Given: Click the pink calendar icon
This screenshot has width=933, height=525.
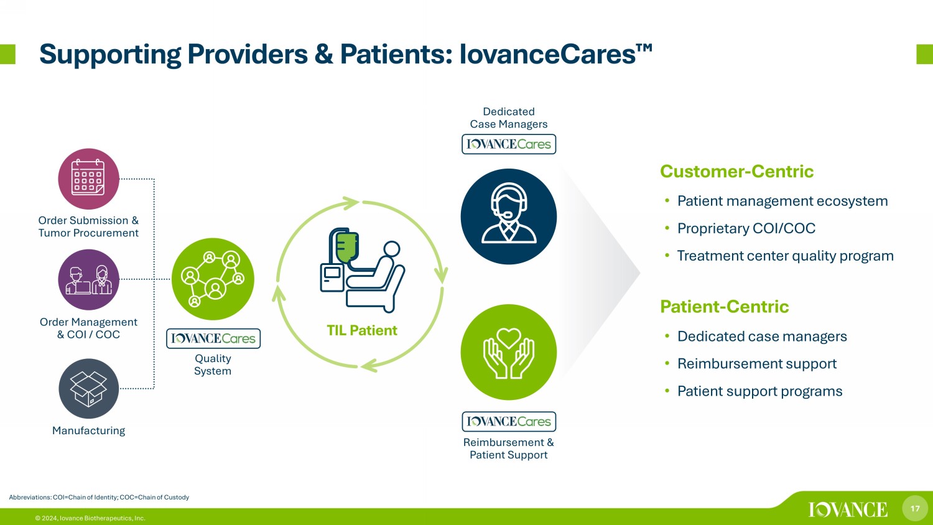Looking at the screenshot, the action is [88, 179].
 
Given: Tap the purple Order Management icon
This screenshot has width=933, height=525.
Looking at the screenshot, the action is [88, 279].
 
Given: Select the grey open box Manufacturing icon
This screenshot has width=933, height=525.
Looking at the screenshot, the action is [88, 389].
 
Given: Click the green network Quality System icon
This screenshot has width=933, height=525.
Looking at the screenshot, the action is [213, 279].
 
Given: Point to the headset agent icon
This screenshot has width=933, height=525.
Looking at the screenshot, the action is [509, 216].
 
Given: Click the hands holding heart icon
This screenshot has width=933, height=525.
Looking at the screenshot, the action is [509, 353].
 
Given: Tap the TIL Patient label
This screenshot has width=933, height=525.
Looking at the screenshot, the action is [361, 330].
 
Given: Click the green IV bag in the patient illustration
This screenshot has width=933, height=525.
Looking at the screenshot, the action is [347, 248].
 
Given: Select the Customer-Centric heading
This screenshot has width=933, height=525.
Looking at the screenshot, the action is [736, 171].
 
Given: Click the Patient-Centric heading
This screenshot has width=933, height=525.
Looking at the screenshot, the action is [725, 307].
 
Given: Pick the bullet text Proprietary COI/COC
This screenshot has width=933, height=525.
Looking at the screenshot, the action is [746, 228].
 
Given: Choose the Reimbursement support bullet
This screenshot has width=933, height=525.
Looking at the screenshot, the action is [757, 364].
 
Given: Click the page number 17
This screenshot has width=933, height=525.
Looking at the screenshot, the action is [915, 508].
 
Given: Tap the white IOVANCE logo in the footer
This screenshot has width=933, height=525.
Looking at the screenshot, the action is [848, 509].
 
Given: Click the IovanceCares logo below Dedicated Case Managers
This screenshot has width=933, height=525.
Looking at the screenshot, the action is [509, 144].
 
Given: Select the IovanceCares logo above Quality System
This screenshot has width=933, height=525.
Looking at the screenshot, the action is [213, 338].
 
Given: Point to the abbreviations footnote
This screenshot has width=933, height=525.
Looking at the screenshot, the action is [99, 497].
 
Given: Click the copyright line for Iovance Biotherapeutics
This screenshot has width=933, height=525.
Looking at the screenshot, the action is [90, 518].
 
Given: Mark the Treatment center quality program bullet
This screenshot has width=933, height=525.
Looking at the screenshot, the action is [785, 256].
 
